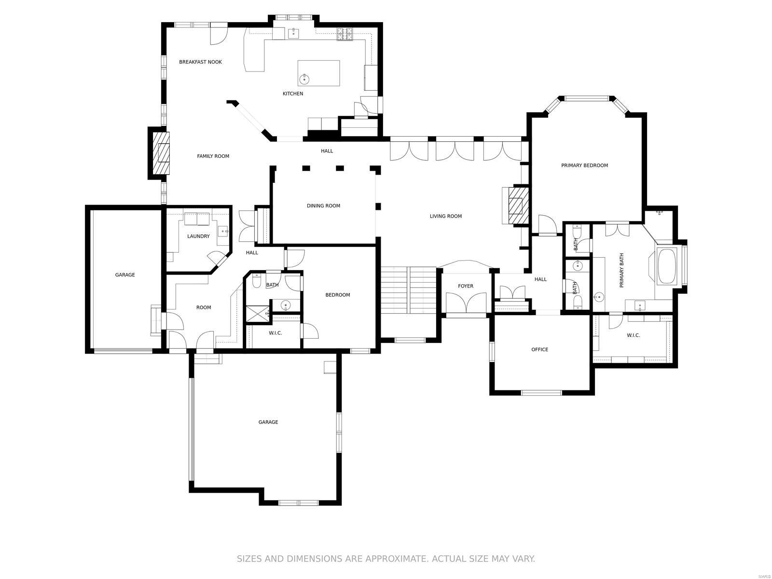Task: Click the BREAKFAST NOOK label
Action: click(200, 62)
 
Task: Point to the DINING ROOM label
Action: click(323, 206)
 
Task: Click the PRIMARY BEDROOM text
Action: click(584, 165)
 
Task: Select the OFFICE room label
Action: click(539, 350)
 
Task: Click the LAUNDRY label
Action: click(198, 236)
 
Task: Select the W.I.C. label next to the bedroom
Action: click(275, 333)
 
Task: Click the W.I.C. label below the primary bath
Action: click(633, 335)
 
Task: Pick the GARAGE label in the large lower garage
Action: click(268, 422)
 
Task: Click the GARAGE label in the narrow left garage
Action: click(125, 275)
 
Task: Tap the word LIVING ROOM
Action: click(445, 217)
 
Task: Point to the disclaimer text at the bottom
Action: click(386, 559)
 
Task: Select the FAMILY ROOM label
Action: click(213, 156)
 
